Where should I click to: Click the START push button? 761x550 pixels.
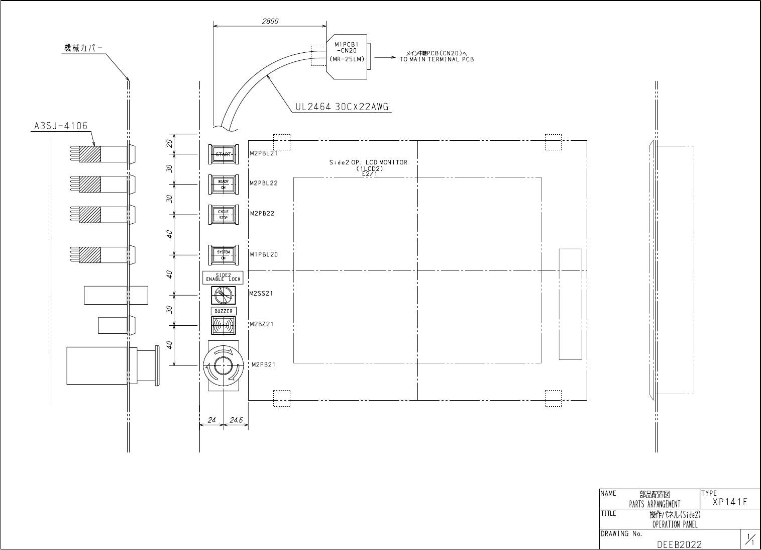click(224, 154)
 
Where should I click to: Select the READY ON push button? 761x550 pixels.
click(224, 185)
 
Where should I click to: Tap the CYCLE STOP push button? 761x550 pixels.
click(224, 215)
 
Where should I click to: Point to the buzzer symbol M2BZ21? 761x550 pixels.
click(224, 325)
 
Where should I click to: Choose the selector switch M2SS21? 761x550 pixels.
click(224, 295)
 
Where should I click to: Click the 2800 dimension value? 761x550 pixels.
click(270, 22)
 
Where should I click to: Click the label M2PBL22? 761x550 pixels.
click(264, 183)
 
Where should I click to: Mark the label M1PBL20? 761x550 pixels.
click(264, 254)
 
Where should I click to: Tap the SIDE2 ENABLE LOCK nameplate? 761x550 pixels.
click(224, 277)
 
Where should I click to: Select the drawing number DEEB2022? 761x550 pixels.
click(679, 544)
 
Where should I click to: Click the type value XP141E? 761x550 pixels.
click(730, 502)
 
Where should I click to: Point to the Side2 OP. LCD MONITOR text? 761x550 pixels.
click(368, 162)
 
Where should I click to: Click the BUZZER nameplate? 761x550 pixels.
click(224, 311)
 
